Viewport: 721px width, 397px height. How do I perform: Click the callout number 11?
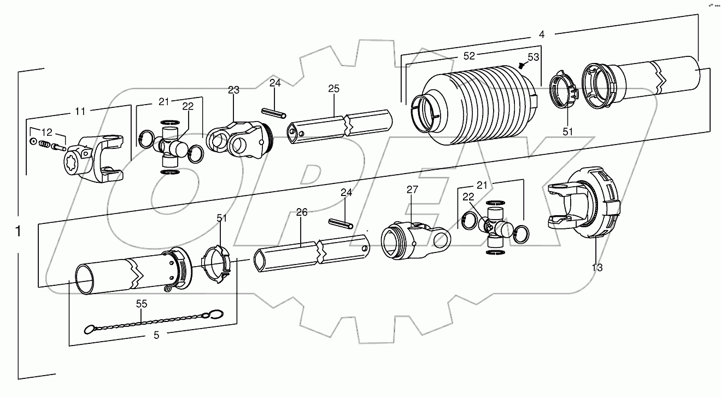pos(80,111)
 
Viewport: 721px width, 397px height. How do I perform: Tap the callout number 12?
pos(48,132)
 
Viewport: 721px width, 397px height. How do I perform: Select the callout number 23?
pos(233,90)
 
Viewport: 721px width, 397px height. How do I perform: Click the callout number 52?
pos(469,55)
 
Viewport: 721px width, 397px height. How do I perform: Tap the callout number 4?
pos(541,34)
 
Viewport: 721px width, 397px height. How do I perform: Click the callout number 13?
pos(597,267)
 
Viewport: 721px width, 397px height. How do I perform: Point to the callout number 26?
pos(302,212)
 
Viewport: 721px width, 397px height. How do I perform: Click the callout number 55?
pos(142,303)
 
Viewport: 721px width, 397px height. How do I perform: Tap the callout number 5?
pos(156,336)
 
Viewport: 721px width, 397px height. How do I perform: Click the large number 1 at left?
pos(19,232)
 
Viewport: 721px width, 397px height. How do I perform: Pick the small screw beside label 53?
pos(521,65)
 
